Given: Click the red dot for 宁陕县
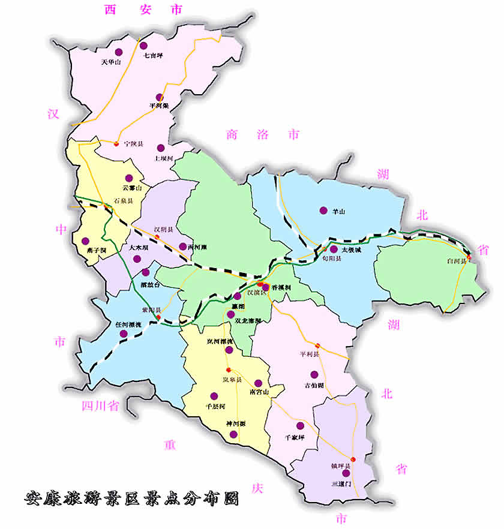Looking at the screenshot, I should pyautogui.click(x=116, y=143).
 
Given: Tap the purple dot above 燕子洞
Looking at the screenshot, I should pyautogui.click(x=85, y=241).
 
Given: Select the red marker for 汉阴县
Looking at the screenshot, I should pyautogui.click(x=157, y=238).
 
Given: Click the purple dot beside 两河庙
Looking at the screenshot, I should pyautogui.click(x=182, y=247).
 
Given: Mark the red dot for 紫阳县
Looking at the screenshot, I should pyautogui.click(x=159, y=317).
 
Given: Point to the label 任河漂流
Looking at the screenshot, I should pyautogui.click(x=128, y=324).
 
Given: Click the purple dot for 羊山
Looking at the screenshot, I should pyautogui.click(x=323, y=211).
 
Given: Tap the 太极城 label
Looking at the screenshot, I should pyautogui.click(x=351, y=250).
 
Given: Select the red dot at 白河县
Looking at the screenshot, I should pyautogui.click(x=469, y=257).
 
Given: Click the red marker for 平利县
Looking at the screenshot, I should pyautogui.click(x=317, y=345).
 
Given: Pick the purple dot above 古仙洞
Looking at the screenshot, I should pyautogui.click(x=314, y=374).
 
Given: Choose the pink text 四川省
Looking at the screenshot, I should pyautogui.click(x=100, y=406).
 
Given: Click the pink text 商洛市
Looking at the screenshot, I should pyautogui.click(x=262, y=134).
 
